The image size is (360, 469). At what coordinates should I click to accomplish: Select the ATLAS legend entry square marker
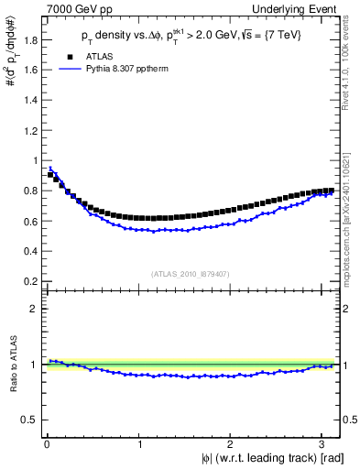(x=67, y=56)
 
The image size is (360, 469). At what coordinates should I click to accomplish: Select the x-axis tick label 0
(x=47, y=444)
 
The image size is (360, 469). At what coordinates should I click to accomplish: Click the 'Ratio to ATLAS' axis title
(x=12, y=365)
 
